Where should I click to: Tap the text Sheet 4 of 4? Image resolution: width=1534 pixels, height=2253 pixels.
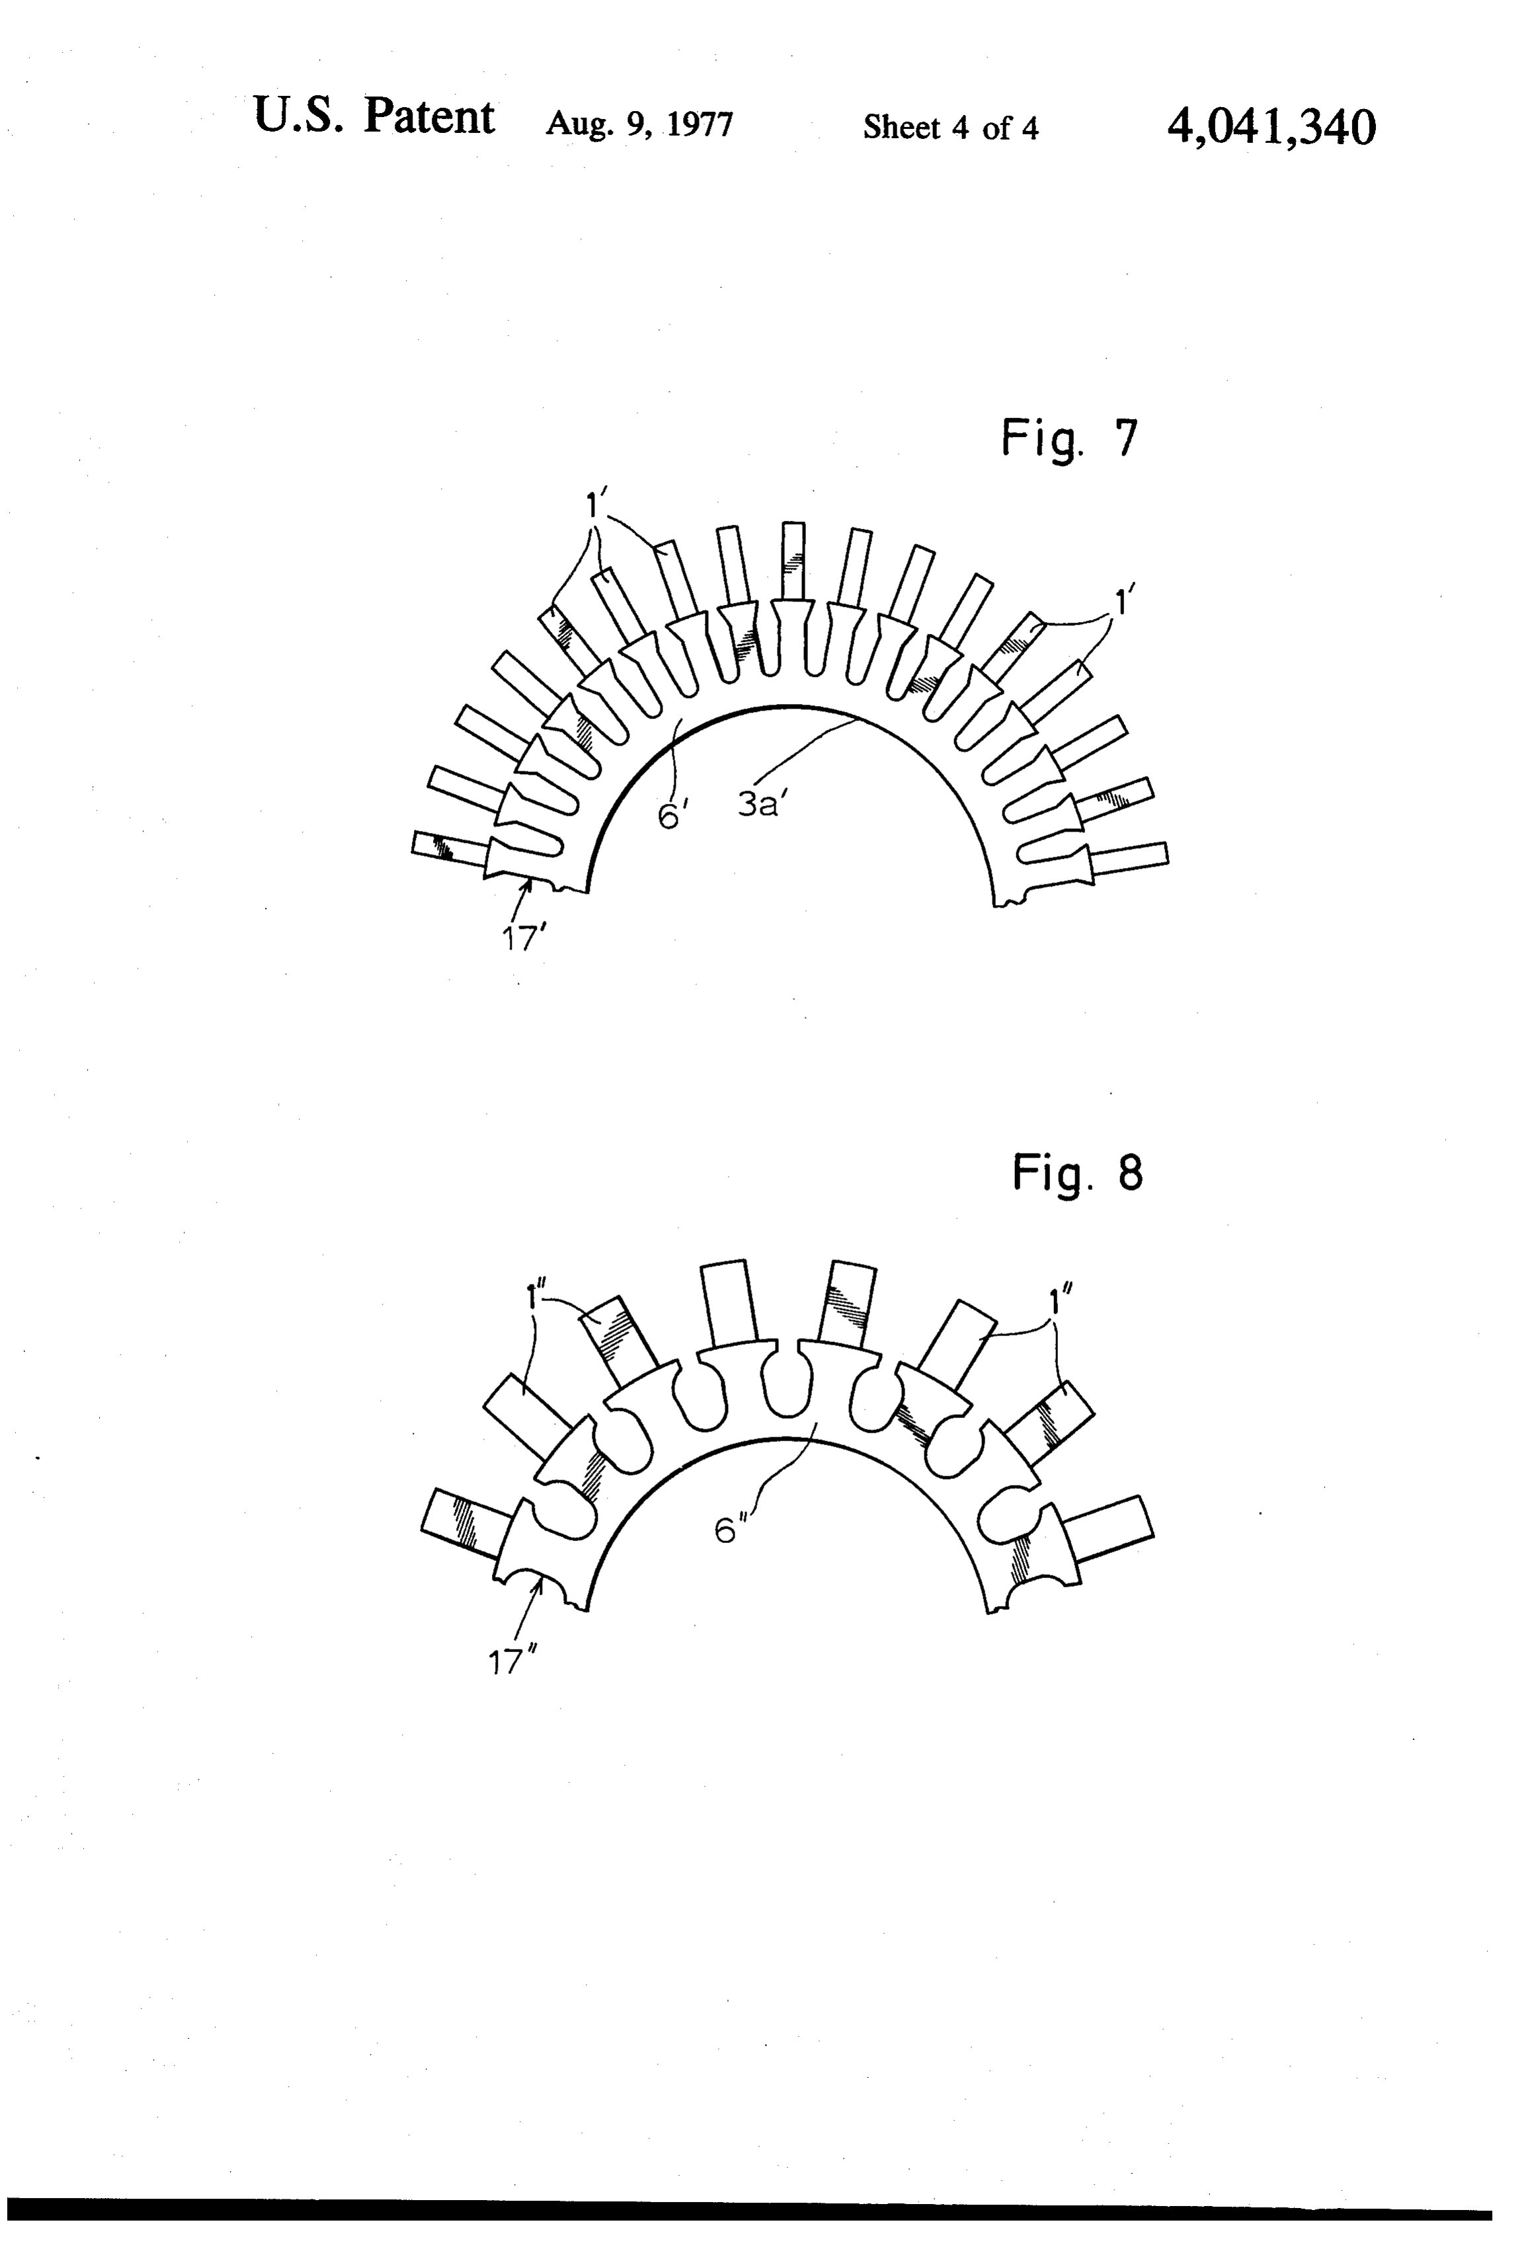pyautogui.click(x=950, y=127)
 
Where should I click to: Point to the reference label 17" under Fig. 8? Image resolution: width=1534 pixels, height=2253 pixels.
pyautogui.click(x=513, y=1663)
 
